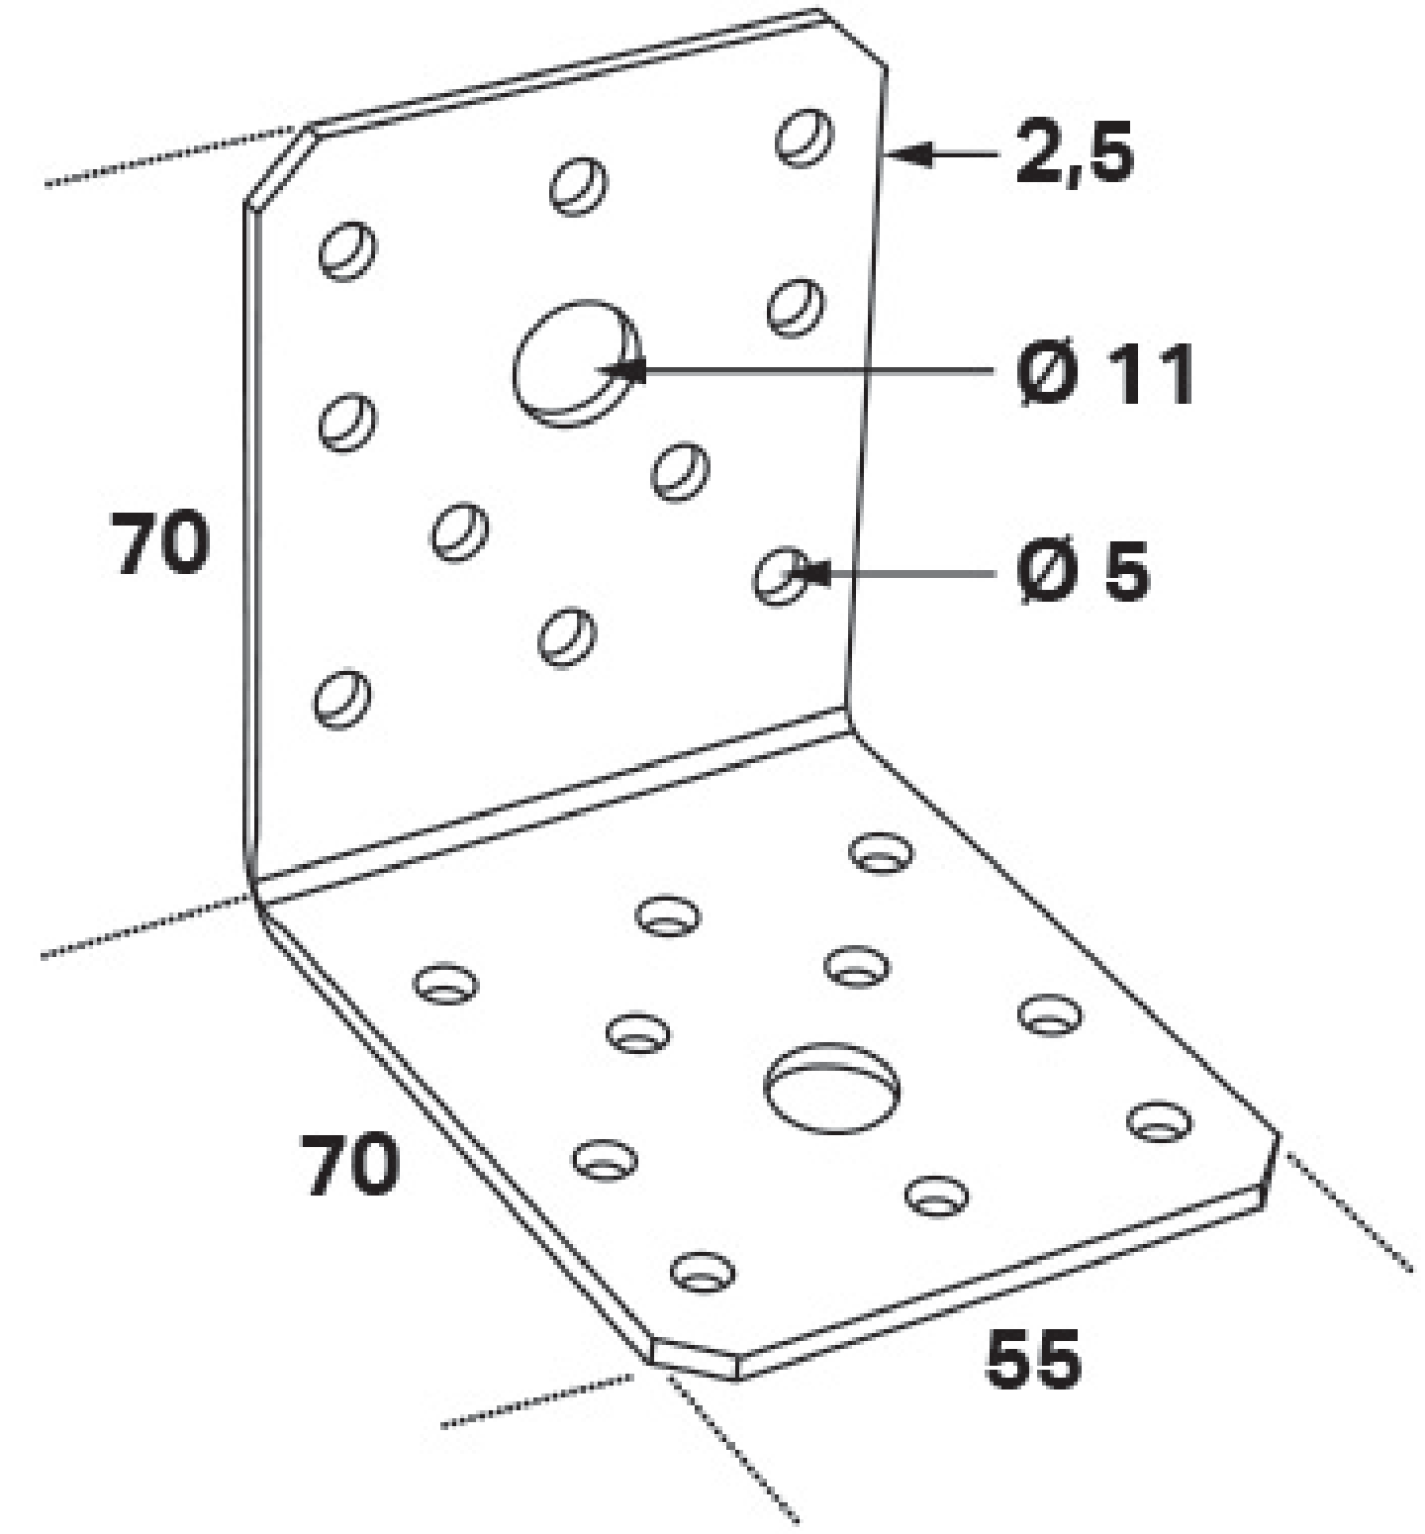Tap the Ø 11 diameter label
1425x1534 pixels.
[1106, 373]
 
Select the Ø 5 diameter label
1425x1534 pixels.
[1084, 571]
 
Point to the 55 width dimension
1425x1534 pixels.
[1033, 1358]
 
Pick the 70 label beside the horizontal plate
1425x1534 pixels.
[351, 1164]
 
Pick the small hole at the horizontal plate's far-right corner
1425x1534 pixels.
[1160, 1120]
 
